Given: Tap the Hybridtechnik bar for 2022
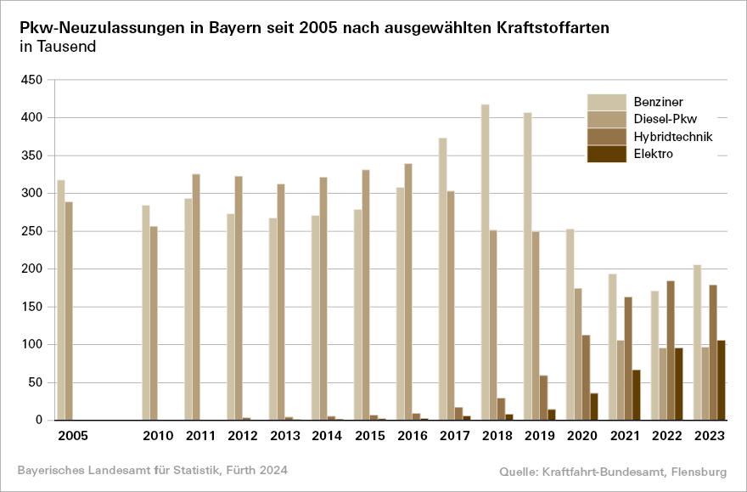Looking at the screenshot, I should pyautogui.click(x=671, y=350).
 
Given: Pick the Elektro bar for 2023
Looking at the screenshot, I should pyautogui.click(x=722, y=380).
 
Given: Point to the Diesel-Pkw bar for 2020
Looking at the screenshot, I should pyautogui.click(x=578, y=353).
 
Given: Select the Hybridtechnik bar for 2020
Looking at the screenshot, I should pyautogui.click(x=586, y=377).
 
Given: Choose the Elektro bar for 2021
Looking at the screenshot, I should pyautogui.click(x=637, y=394).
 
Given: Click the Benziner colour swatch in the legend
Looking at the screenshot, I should pyautogui.click(x=606, y=102).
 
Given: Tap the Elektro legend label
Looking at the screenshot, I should pyautogui.click(x=653, y=154).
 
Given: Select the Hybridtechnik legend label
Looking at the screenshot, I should pyautogui.click(x=672, y=137).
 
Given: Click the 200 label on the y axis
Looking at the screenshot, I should pyautogui.click(x=32, y=269).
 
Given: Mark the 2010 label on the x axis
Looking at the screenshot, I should pyautogui.click(x=158, y=436).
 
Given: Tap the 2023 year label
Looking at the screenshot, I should pyautogui.click(x=710, y=436).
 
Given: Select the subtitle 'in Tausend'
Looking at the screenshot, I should pyautogui.click(x=58, y=47).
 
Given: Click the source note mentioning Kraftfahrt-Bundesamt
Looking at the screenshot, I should pyautogui.click(x=622, y=470).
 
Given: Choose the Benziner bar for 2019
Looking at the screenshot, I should pyautogui.click(x=528, y=266).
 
